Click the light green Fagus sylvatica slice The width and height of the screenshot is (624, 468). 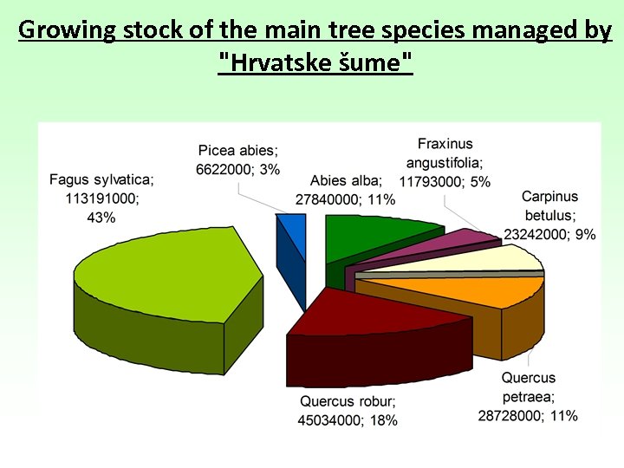click(x=165, y=273)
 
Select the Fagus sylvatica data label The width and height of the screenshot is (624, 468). click(x=101, y=198)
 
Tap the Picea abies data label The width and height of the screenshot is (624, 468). click(x=239, y=159)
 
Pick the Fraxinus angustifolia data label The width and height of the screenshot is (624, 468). click(x=445, y=162)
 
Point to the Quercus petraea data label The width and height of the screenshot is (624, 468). click(x=528, y=397)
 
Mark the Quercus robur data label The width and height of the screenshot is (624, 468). click(x=348, y=411)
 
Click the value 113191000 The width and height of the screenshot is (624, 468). click(x=101, y=198)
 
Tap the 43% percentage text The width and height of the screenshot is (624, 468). click(x=101, y=217)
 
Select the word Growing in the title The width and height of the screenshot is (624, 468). click(x=66, y=30)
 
